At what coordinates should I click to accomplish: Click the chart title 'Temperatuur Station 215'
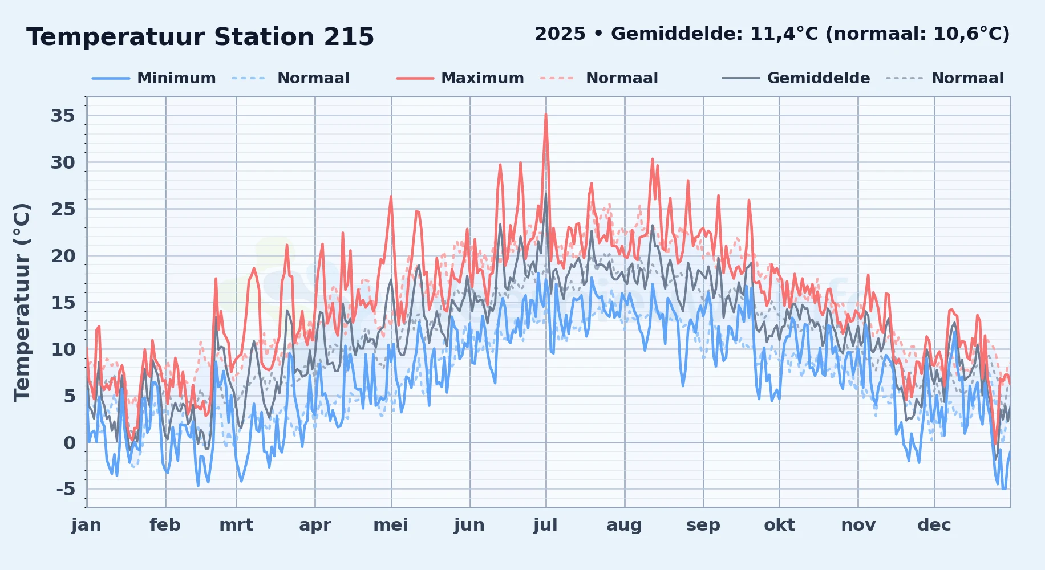click(200, 37)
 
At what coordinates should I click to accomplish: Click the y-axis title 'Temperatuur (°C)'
click(22, 303)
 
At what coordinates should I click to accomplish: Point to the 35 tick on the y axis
click(63, 116)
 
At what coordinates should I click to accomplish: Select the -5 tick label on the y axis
click(66, 489)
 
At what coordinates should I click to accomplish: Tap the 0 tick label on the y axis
click(70, 443)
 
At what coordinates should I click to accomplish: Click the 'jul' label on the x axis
click(545, 525)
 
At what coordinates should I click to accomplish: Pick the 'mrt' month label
click(236, 525)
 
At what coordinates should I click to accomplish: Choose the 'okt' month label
click(779, 525)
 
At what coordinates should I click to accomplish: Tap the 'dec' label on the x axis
click(934, 525)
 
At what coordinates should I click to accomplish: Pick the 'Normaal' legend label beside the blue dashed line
click(313, 78)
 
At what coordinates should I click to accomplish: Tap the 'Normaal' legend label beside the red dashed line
click(622, 78)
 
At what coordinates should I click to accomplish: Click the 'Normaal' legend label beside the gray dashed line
click(967, 78)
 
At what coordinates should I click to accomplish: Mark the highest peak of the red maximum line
click(546, 114)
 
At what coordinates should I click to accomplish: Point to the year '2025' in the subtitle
click(560, 34)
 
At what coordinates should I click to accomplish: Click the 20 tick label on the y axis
click(63, 256)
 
